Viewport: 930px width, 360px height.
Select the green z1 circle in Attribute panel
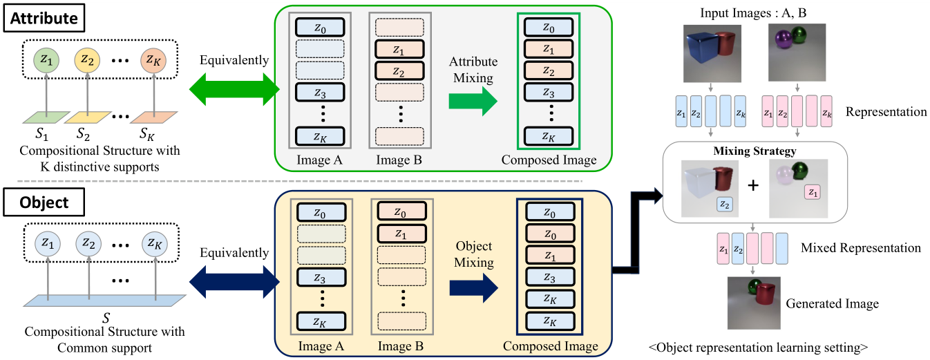(x=46, y=60)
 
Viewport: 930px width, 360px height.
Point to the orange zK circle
(x=154, y=60)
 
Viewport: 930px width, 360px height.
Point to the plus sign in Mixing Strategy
(x=753, y=186)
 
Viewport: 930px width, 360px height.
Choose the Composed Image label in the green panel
(x=549, y=160)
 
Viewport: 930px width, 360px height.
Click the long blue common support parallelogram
(x=104, y=302)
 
